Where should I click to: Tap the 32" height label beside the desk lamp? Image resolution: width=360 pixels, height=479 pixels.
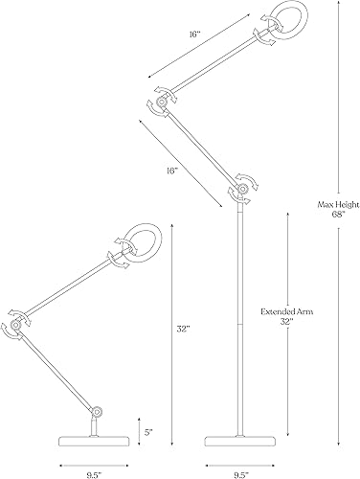pyautogui.click(x=183, y=330)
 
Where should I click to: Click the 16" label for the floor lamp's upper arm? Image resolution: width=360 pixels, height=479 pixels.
pyautogui.click(x=195, y=34)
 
